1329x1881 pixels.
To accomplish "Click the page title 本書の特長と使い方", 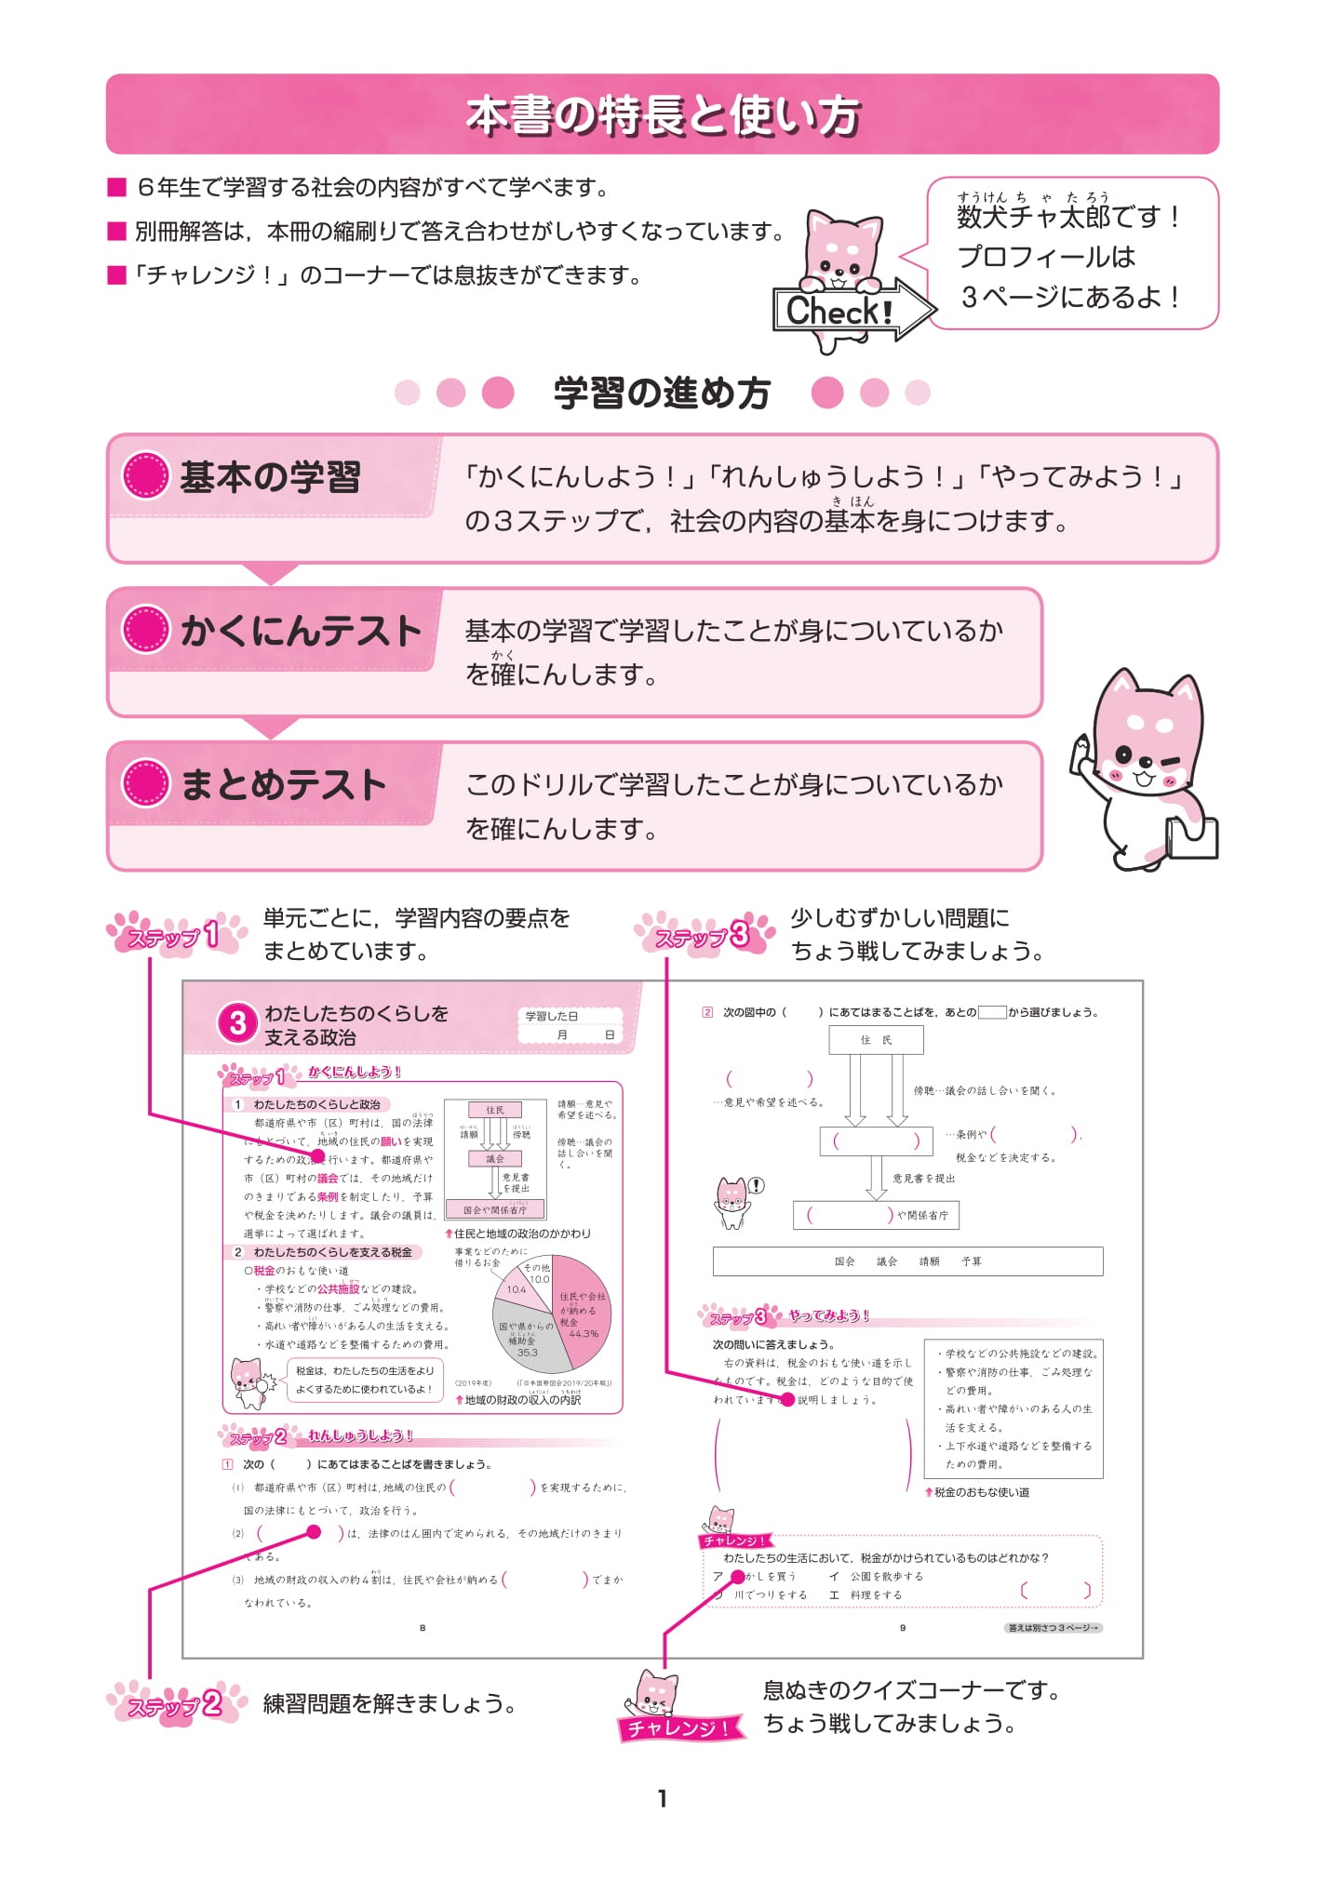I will (x=662, y=115).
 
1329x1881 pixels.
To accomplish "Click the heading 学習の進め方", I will (x=662, y=393).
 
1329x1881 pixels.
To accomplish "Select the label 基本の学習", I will (x=270, y=477).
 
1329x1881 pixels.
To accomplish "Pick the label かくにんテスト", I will (x=300, y=631).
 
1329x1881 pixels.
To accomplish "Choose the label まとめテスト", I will (x=283, y=784).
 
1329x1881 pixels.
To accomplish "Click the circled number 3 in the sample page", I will (x=237, y=1023).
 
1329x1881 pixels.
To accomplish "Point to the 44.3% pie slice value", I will (x=584, y=1333).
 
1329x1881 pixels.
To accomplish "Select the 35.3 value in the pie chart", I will (x=527, y=1353).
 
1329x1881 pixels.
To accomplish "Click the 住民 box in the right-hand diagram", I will (x=876, y=1040).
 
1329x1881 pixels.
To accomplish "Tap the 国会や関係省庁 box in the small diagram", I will (x=495, y=1210).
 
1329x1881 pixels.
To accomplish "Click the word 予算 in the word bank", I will (x=972, y=1261).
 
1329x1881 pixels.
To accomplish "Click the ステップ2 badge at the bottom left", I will (x=177, y=1705).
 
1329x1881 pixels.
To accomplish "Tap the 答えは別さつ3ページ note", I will (x=1054, y=1628).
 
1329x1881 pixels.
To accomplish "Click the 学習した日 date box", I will (x=570, y=1025).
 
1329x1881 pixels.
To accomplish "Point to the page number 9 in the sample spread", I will (x=902, y=1628).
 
